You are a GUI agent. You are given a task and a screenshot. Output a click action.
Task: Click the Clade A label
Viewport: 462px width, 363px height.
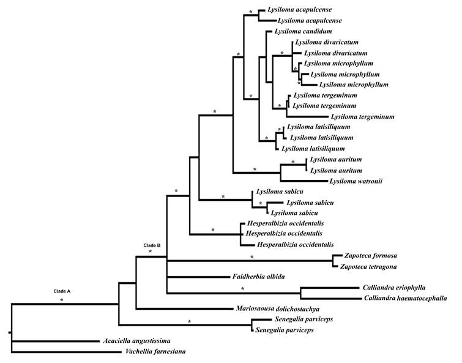[x=61, y=291]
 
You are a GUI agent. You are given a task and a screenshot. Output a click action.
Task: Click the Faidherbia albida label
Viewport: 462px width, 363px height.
[x=259, y=277]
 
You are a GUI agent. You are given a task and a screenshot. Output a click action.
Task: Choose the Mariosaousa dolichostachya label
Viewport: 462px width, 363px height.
[x=278, y=309]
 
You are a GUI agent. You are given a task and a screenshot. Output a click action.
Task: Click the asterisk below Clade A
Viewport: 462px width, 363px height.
[x=61, y=301]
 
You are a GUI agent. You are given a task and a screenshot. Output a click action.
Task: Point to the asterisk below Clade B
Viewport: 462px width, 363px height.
[x=150, y=252]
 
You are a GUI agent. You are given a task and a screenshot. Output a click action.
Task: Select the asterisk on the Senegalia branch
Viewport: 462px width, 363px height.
[x=189, y=322]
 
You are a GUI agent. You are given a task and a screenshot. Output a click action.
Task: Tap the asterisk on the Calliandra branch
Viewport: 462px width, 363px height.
[x=242, y=289]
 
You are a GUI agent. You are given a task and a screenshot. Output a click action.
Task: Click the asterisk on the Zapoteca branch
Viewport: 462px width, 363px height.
[x=251, y=257]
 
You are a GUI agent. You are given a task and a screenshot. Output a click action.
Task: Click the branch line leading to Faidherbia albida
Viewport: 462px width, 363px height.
[x=196, y=277]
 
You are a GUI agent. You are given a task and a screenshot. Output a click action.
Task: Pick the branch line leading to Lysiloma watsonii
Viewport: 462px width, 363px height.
[x=303, y=181]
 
